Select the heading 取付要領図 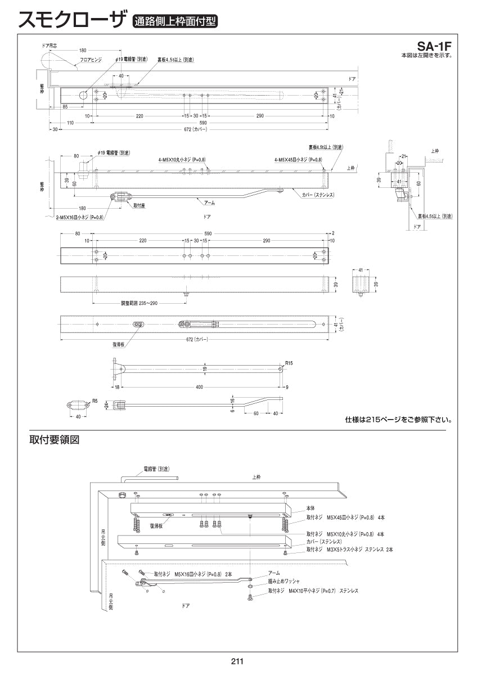click(54, 440)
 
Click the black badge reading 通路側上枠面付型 click(175, 22)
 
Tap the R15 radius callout click(289, 363)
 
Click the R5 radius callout click(95, 401)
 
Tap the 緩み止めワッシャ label click(284, 580)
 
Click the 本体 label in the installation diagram click(311, 507)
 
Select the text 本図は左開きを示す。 click(426, 56)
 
